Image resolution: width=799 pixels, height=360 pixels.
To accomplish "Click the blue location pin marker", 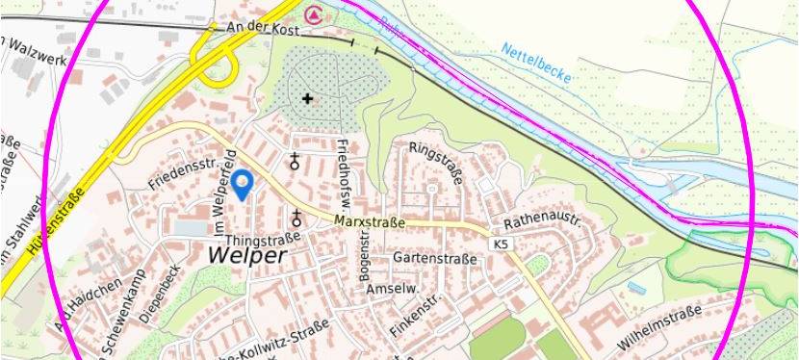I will [244, 184].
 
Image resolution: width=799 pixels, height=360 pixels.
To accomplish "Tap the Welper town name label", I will [247, 256].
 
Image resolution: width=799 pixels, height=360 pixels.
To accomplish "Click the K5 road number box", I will [501, 244].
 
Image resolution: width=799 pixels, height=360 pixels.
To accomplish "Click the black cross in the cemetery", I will [308, 98].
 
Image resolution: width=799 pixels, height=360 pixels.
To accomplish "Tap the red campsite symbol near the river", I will [313, 13].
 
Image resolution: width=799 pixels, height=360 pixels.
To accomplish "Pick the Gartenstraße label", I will [435, 259].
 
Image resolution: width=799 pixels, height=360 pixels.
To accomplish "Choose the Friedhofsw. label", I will [344, 165].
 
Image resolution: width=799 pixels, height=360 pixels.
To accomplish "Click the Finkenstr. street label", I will [413, 317].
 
